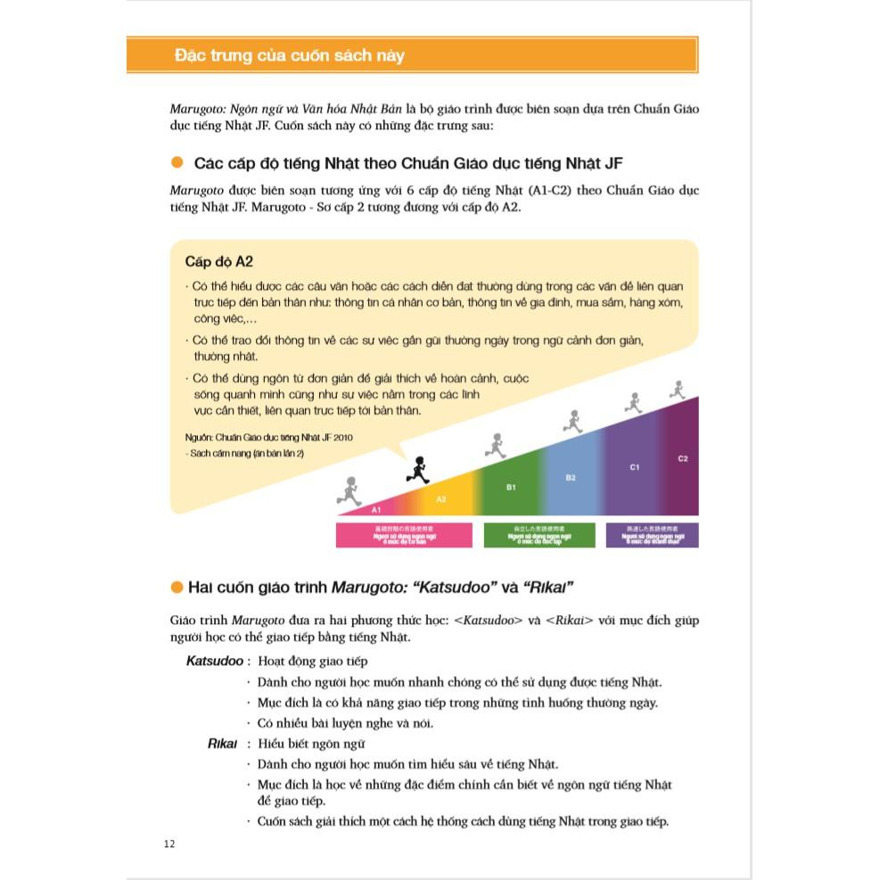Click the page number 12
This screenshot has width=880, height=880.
click(x=169, y=844)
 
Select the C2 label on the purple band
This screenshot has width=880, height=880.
click(x=683, y=458)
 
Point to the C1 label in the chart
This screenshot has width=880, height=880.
click(x=634, y=466)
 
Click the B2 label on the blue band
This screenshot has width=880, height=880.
click(x=571, y=478)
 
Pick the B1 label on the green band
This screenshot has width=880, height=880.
click(x=511, y=487)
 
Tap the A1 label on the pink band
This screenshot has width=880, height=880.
click(x=376, y=509)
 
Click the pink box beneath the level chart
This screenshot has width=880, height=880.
click(x=404, y=534)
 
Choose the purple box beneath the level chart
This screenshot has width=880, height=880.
click(x=652, y=534)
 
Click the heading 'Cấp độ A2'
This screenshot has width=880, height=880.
click(x=219, y=261)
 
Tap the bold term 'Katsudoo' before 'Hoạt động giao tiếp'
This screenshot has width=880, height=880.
click(x=214, y=661)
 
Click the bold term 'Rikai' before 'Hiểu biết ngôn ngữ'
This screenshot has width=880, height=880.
click(x=223, y=743)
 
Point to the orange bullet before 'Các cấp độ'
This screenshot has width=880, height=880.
click(x=177, y=162)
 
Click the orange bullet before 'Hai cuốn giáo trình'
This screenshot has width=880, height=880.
click(x=177, y=586)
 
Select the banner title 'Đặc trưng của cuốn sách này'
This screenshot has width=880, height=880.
click(x=290, y=55)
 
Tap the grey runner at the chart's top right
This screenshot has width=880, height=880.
click(x=677, y=389)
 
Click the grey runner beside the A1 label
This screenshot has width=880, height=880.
click(x=349, y=489)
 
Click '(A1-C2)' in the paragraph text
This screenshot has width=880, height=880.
click(x=550, y=190)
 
